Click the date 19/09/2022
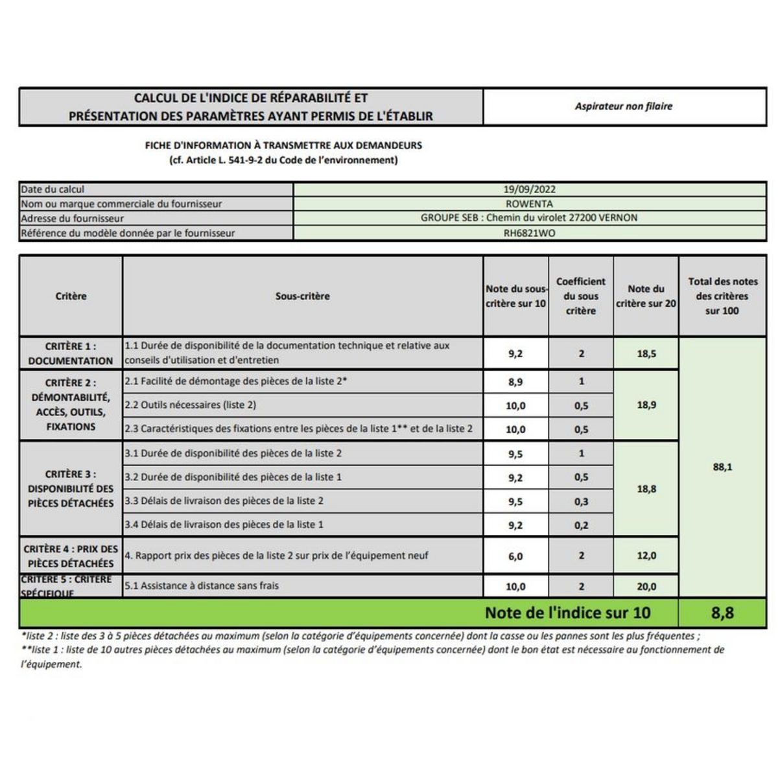[x=529, y=189]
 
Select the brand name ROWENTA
[x=529, y=204]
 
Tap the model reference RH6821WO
[x=529, y=233]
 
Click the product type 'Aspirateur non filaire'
[x=624, y=106]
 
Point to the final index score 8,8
[x=722, y=613]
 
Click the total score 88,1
[x=722, y=467]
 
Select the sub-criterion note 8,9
[x=515, y=382]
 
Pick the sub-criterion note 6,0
[x=515, y=556]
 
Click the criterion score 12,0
[x=646, y=556]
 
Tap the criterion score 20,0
[x=646, y=586]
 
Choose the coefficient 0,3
[x=581, y=501]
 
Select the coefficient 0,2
[x=581, y=525]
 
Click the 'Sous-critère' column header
[x=302, y=296]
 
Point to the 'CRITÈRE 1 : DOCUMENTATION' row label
[x=71, y=353]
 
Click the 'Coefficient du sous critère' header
[x=581, y=296]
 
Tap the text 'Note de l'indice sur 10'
[x=567, y=613]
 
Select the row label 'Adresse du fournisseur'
[x=72, y=218]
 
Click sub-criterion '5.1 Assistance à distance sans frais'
[x=202, y=585]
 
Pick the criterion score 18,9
[x=646, y=405]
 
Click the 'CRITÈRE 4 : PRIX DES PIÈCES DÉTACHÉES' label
[x=71, y=556]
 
